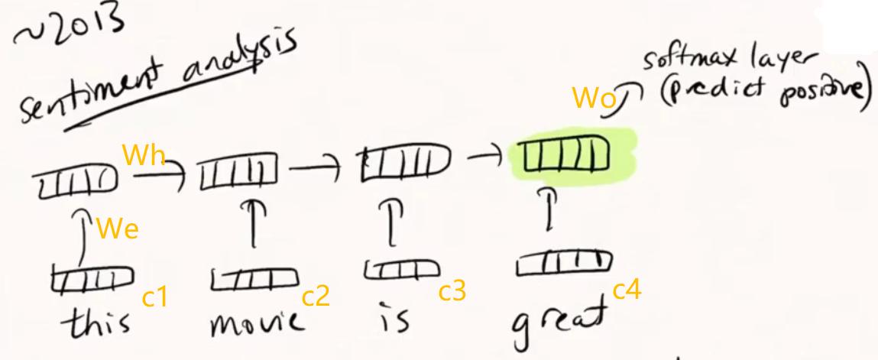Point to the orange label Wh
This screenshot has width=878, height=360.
pos(144,157)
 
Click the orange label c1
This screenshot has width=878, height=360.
pos(155,296)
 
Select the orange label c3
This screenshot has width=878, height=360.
pos(452,290)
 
